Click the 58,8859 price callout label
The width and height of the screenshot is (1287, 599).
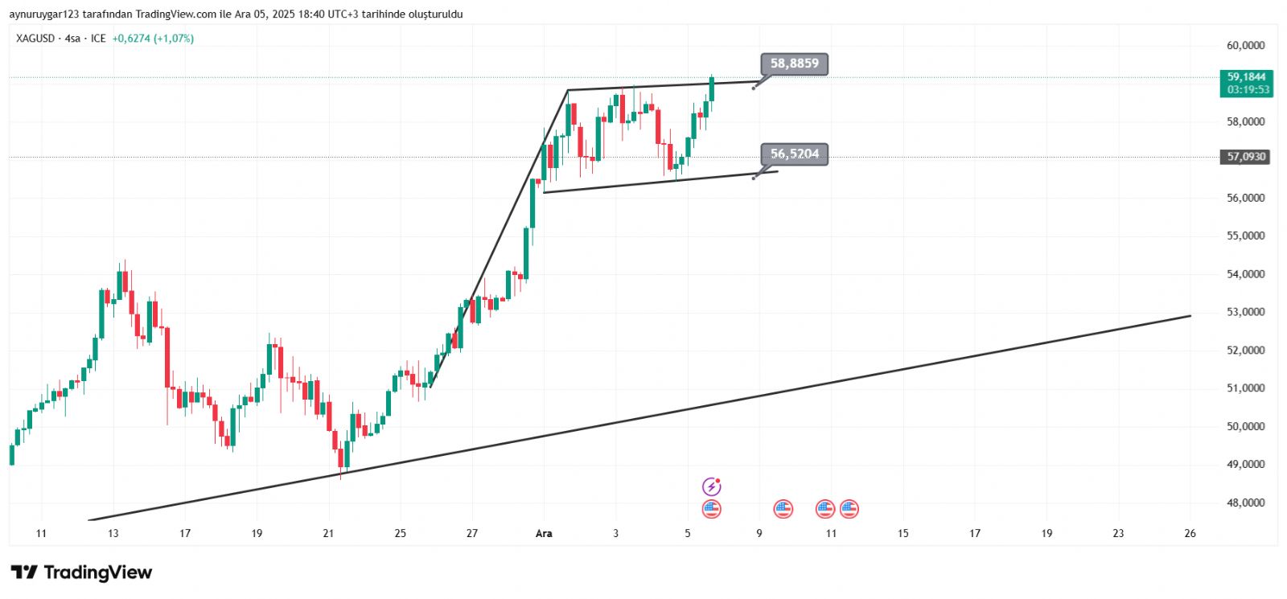click(x=794, y=64)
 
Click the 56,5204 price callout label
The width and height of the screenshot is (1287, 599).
click(x=794, y=154)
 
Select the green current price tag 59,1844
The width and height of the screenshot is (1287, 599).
click(x=1246, y=77)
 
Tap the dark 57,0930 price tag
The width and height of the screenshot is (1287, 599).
click(x=1246, y=157)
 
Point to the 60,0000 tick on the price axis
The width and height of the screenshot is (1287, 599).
click(x=1245, y=46)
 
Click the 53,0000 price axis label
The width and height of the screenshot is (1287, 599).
click(x=1245, y=312)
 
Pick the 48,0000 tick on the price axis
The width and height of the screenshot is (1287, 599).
click(x=1245, y=503)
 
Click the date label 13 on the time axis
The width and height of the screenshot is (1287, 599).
click(x=113, y=533)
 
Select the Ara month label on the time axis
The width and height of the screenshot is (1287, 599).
click(x=544, y=533)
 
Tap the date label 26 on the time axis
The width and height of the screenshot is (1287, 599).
click(x=1190, y=533)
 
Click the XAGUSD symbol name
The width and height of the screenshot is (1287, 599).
click(x=35, y=39)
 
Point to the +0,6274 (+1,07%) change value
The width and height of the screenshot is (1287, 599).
click(x=153, y=39)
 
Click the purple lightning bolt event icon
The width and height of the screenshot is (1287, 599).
click(x=711, y=486)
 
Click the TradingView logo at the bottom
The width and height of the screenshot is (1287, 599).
click(x=81, y=572)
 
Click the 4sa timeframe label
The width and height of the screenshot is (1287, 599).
click(x=72, y=39)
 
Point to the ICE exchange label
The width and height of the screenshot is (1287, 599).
click(x=98, y=39)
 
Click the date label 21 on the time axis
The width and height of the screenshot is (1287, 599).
click(x=328, y=533)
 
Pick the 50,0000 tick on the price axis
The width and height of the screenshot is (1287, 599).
click(x=1245, y=426)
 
